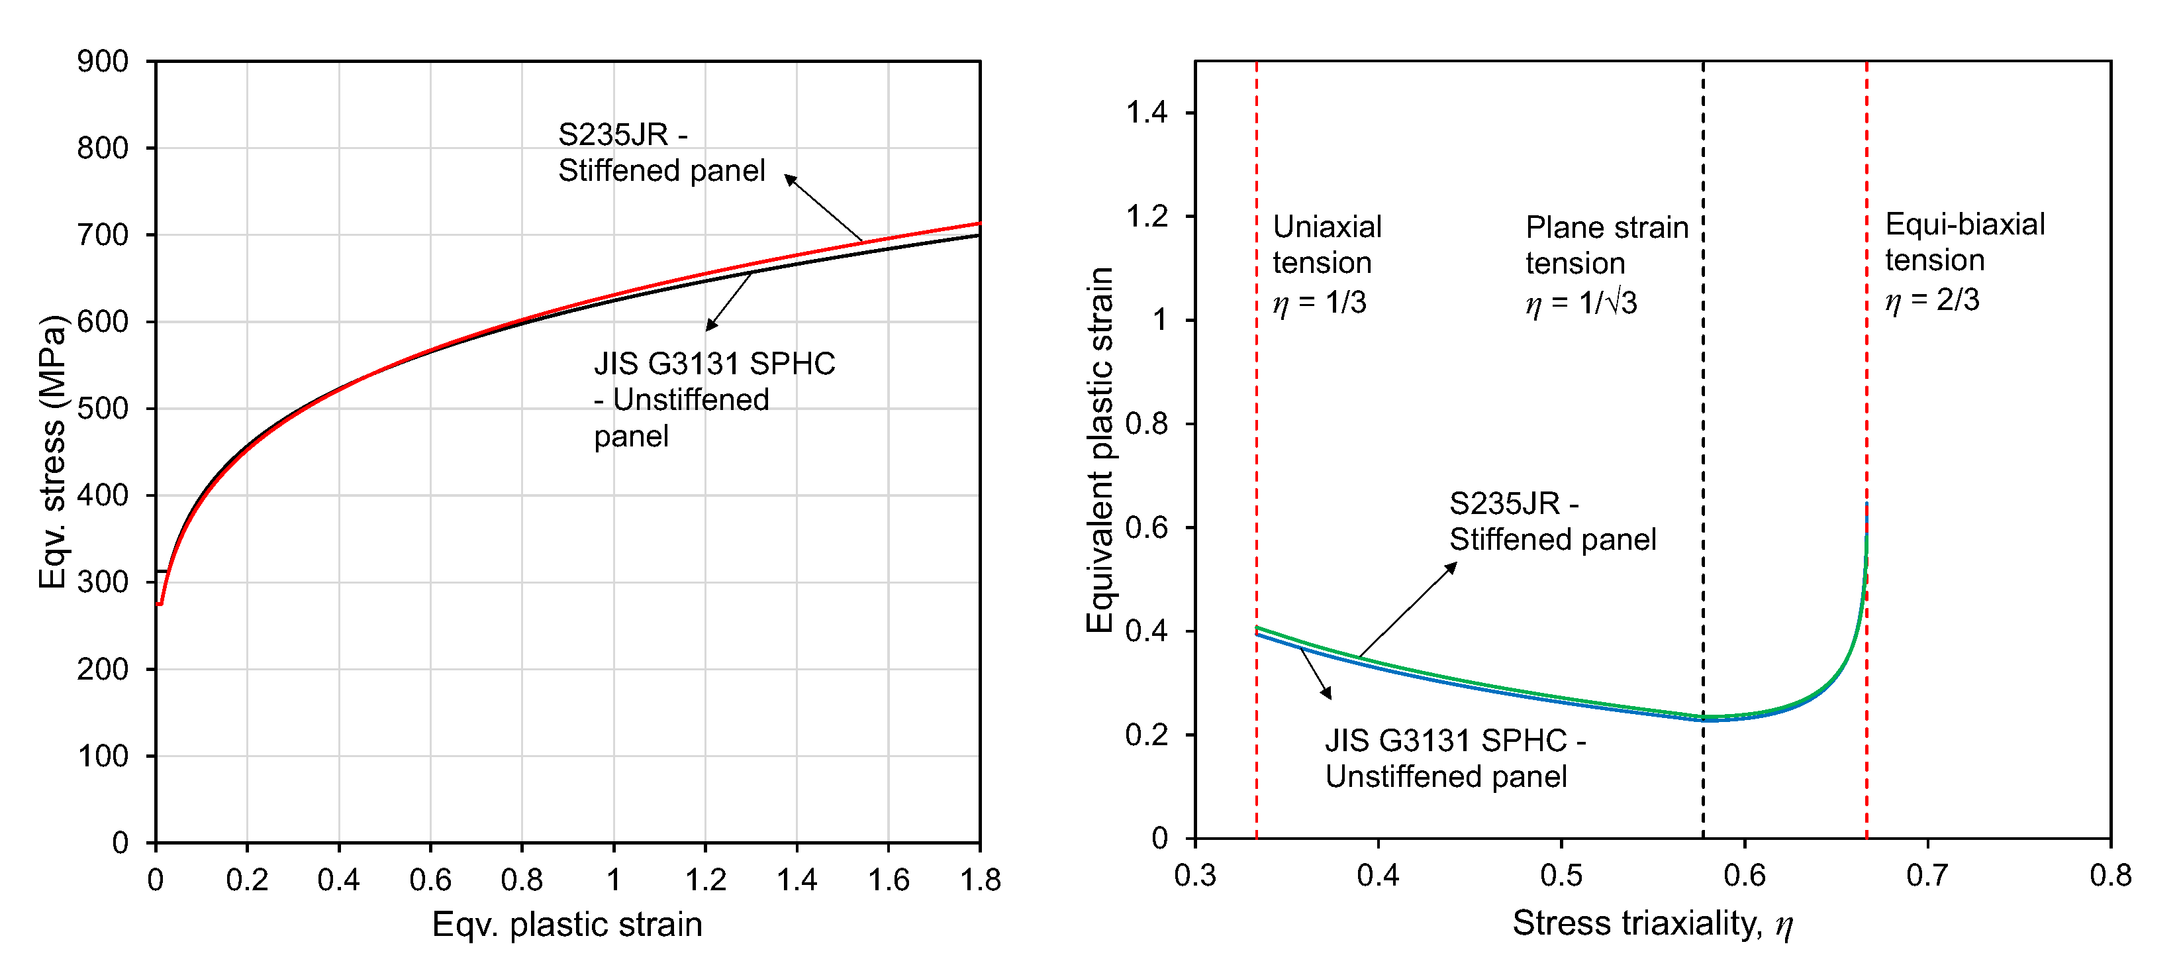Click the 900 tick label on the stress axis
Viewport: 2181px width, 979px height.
[103, 62]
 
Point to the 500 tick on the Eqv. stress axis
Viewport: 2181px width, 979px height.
[103, 409]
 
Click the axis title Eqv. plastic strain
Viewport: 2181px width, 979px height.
[567, 925]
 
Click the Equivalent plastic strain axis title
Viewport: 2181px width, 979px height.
[1099, 450]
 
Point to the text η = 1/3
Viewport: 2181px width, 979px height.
[1319, 302]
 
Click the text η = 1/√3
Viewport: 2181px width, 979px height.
[1580, 302]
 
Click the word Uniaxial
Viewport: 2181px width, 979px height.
[1327, 227]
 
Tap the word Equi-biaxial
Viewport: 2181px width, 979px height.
[1965, 225]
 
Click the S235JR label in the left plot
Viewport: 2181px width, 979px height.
[613, 134]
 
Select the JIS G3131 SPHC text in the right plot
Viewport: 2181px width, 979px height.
[1445, 741]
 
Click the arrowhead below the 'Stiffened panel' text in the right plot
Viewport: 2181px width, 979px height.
[1452, 568]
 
